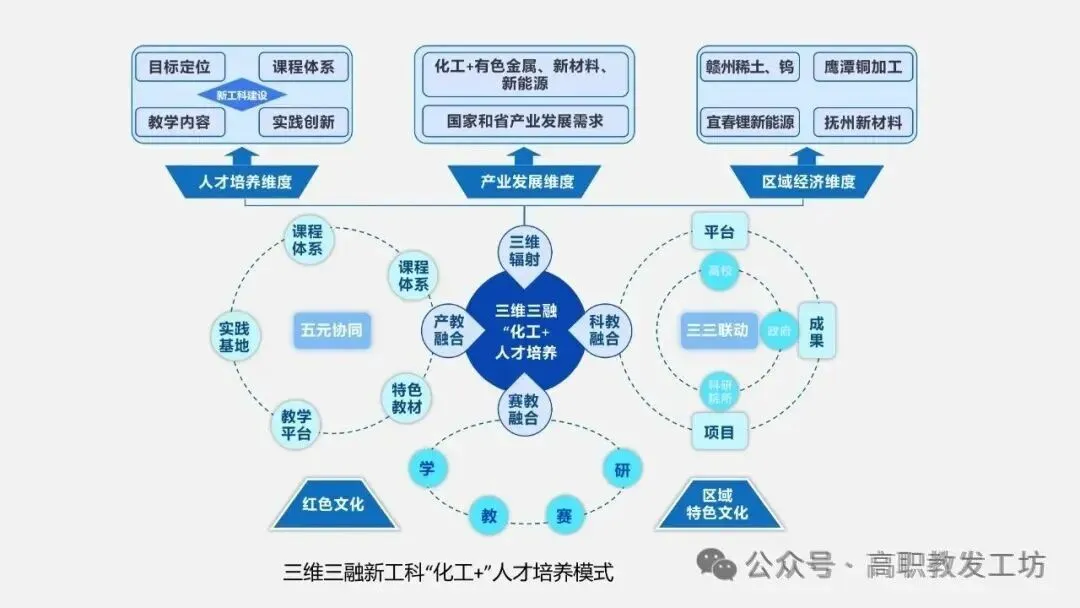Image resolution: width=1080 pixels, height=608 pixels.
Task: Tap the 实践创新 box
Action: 303,123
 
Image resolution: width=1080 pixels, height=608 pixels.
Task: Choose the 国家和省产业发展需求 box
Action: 525,122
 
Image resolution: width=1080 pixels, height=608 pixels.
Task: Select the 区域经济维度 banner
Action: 808,181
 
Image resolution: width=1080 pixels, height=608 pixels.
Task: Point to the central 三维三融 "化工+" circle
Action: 525,331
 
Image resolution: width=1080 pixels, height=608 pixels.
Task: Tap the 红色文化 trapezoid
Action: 333,504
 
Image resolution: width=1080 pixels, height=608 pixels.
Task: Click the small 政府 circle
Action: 778,331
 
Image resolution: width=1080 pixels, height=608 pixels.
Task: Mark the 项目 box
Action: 720,432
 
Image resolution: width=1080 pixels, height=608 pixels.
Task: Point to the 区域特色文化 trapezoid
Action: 717,504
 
